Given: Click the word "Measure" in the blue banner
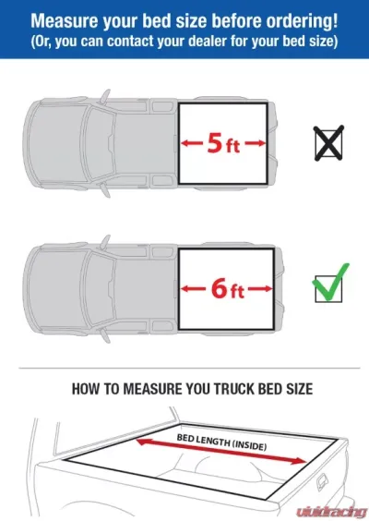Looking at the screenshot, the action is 65,20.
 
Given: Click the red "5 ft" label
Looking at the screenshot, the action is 223,144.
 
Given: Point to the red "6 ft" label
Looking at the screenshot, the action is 228,289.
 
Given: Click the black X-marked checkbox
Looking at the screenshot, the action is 328,143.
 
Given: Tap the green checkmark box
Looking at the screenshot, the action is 330,285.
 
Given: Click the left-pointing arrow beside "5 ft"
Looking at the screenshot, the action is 192,143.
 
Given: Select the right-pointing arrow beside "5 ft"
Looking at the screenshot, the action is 256,143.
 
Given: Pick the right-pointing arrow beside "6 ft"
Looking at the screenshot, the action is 260,289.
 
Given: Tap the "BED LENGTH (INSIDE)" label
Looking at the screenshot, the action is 221,442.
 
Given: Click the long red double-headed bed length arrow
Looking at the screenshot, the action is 221,451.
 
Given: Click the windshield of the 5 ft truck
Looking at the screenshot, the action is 100,143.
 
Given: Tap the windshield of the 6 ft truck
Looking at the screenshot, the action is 100,289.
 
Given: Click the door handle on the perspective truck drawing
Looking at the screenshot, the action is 322,481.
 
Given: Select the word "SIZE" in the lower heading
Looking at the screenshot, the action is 299,389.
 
